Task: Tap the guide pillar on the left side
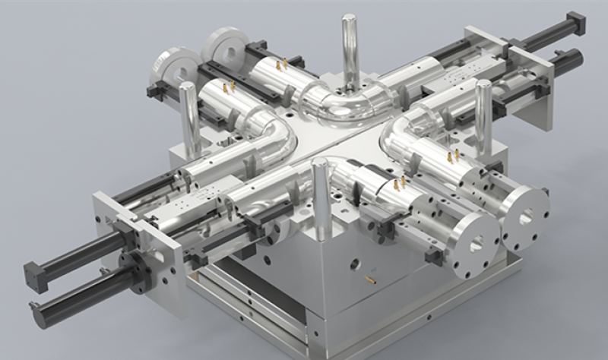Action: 189,118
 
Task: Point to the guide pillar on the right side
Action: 483,114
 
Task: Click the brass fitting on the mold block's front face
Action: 371,280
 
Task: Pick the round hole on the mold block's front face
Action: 354,264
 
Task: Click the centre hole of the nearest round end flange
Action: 475,244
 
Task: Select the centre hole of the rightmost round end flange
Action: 525,218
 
